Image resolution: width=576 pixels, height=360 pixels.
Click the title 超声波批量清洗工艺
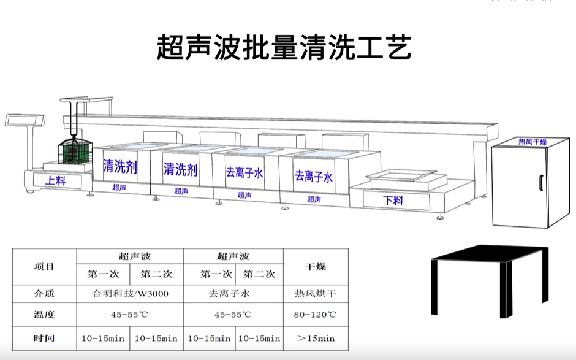click(284, 47)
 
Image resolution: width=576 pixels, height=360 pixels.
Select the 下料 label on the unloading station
click(393, 200)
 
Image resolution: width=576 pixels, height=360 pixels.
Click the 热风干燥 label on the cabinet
click(532, 142)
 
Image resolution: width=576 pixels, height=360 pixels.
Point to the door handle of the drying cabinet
click(540, 183)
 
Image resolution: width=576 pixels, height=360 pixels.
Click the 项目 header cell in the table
click(44, 267)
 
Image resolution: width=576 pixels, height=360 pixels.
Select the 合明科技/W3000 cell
click(130, 294)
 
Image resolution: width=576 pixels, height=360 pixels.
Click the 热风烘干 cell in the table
click(316, 294)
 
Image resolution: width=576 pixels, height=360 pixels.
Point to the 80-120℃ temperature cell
click(316, 315)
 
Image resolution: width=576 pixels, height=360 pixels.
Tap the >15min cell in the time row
click(316, 338)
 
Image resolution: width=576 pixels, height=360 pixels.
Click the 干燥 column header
click(316, 267)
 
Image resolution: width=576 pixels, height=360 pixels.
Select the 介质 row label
click(44, 294)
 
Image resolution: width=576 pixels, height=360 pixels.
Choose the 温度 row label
click(44, 315)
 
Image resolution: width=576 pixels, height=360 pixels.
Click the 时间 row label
click(44, 338)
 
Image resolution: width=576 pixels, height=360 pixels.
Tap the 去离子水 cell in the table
click(233, 294)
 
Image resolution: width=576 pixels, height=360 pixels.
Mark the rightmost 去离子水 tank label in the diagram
click(314, 177)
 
